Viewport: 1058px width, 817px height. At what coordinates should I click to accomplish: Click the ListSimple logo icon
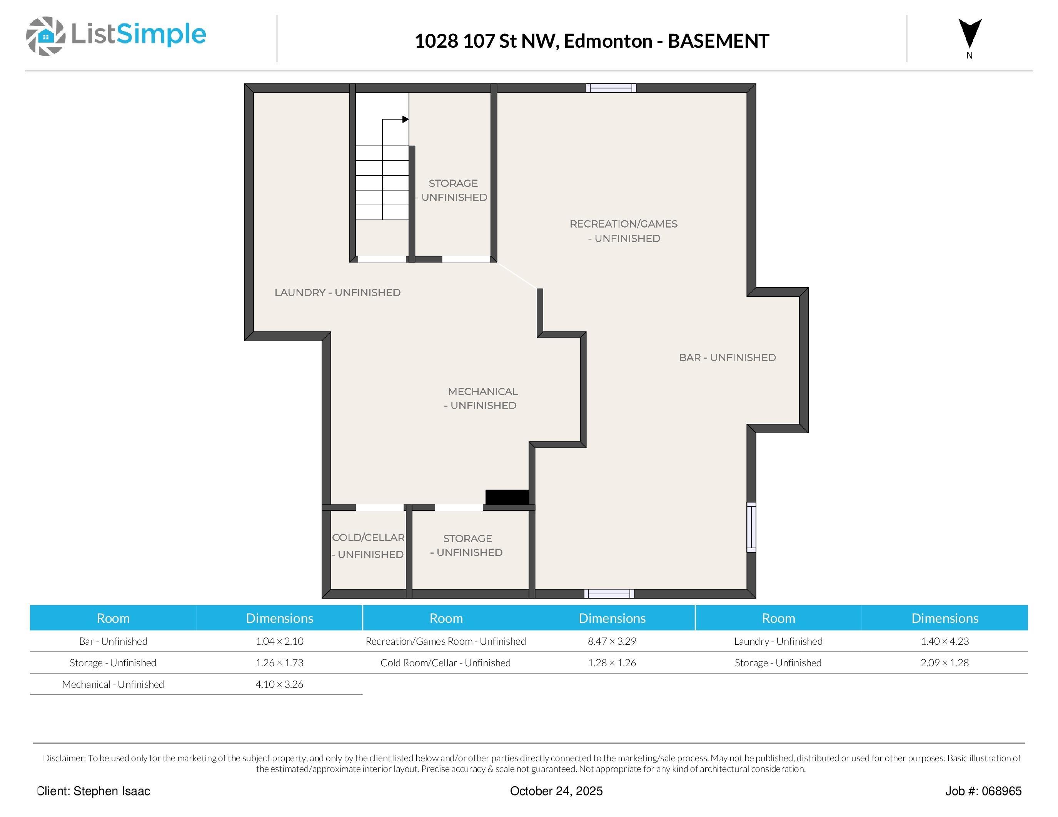(x=45, y=36)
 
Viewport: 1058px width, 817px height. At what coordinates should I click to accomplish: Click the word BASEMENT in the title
(x=718, y=41)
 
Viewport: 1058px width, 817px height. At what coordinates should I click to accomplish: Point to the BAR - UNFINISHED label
(x=727, y=357)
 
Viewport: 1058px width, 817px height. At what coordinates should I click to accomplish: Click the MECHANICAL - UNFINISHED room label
(x=482, y=398)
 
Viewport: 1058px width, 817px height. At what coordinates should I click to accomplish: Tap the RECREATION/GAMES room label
(x=624, y=231)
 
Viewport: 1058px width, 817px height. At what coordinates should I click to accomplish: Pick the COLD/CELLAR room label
(x=368, y=546)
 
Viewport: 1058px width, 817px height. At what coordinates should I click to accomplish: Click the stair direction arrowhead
(x=406, y=119)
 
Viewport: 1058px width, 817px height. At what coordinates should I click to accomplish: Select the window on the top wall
(x=611, y=88)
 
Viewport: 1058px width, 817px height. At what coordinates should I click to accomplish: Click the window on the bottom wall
(x=609, y=594)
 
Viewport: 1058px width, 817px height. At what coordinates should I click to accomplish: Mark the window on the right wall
(x=751, y=527)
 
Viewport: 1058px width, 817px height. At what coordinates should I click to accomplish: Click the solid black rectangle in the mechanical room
(x=507, y=497)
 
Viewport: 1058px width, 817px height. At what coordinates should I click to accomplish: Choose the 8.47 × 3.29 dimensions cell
(x=612, y=641)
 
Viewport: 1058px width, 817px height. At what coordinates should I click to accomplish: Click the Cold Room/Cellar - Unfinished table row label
(x=445, y=662)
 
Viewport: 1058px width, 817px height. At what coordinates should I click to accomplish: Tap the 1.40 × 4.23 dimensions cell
(x=944, y=641)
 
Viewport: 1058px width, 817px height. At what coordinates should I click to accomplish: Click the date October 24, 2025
(x=556, y=791)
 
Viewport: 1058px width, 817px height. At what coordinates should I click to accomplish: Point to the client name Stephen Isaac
(x=112, y=791)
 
